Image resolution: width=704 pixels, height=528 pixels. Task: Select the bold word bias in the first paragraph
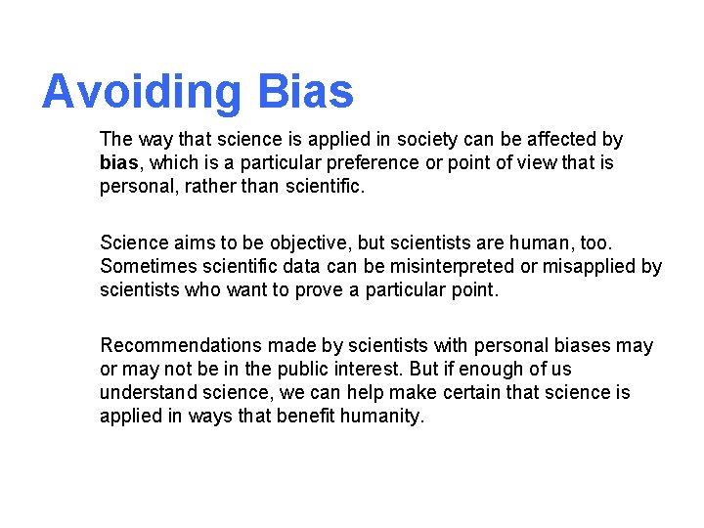point(119,162)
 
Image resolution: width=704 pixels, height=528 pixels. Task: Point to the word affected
point(559,140)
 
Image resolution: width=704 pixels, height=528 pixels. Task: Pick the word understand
point(148,392)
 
